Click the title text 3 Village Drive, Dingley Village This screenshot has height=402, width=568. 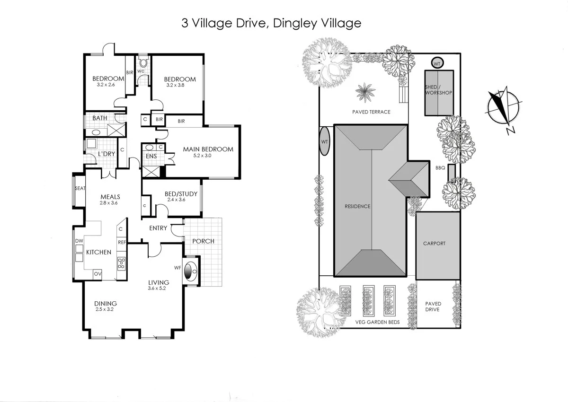coord(271,23)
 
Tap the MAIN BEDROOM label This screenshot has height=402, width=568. coord(208,149)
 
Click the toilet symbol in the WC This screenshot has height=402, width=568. coord(143,63)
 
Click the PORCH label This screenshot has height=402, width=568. coord(203,241)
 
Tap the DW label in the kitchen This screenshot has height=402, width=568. coord(79,241)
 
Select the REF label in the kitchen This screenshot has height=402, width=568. coord(122,242)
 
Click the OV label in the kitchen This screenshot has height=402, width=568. coord(98,274)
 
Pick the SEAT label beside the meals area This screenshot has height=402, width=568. coord(80,188)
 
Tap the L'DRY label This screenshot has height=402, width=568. coord(106,154)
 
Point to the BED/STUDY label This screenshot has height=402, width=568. coord(181,194)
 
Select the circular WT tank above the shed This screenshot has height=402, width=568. coord(437,63)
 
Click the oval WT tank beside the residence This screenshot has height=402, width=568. coord(325,141)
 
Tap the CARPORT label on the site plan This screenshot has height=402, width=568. coord(434,244)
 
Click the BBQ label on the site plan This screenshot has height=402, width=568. coord(440,167)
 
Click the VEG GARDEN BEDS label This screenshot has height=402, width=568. coord(377,323)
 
